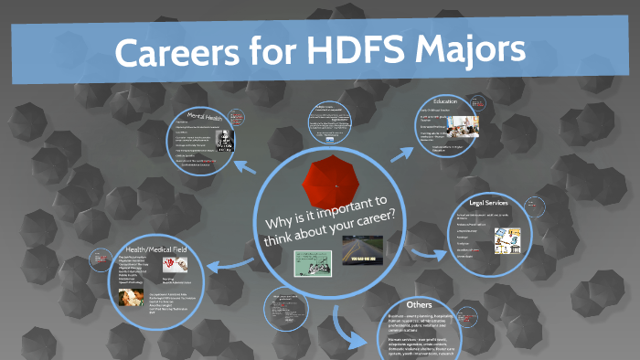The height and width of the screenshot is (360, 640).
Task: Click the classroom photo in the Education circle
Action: tap(477, 122)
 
